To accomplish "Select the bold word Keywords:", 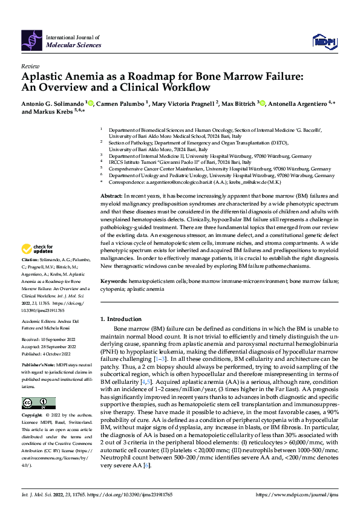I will tap(114, 282).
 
